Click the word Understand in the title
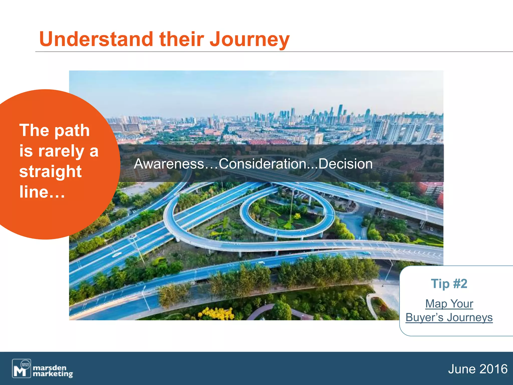[x=96, y=39]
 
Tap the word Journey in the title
[x=249, y=40]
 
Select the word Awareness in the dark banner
[x=169, y=164]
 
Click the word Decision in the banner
[x=345, y=164]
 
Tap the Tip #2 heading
[x=449, y=284]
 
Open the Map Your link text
[x=449, y=304]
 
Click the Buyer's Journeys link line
[x=449, y=317]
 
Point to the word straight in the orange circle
[x=50, y=172]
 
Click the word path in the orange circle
[x=72, y=131]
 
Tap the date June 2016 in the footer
[x=478, y=369]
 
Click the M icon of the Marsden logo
[x=21, y=368]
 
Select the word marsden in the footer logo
[x=50, y=367]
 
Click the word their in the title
[x=182, y=39]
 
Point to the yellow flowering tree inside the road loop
[x=297, y=216]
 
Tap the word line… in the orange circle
[x=42, y=192]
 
